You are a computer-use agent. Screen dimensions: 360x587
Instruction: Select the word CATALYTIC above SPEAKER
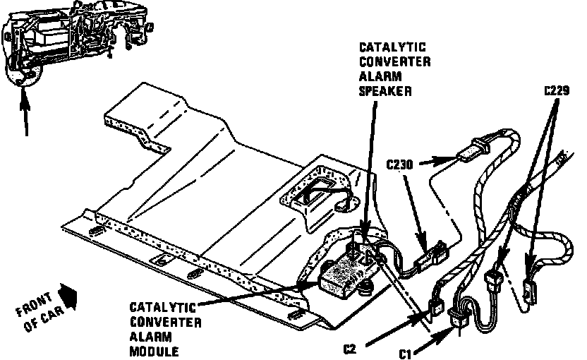pos(385,47)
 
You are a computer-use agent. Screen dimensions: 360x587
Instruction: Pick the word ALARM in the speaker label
pos(375,77)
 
